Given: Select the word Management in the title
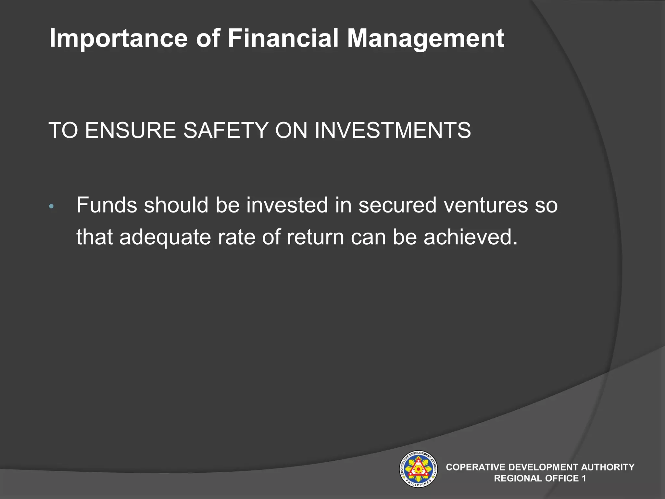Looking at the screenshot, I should (425, 39).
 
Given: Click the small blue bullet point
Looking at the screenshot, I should (51, 206).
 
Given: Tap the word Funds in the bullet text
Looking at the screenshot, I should (107, 205).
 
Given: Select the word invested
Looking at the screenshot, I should (287, 205).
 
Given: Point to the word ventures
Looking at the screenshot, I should (486, 205).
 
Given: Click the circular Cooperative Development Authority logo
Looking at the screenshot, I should (418, 469).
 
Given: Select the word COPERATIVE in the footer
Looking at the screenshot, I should (475, 467).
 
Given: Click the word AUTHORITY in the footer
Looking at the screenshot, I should (608, 467).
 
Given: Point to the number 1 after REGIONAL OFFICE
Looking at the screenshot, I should (584, 478).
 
